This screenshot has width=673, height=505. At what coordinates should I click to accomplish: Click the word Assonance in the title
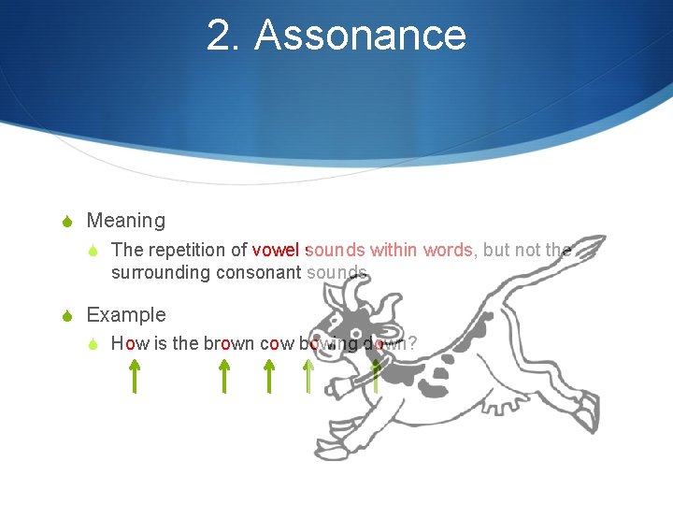click(360, 36)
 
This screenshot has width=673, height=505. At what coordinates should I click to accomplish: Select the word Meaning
click(125, 221)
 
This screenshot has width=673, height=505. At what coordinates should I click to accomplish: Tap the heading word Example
click(126, 314)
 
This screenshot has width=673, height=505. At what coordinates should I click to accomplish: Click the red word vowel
click(276, 250)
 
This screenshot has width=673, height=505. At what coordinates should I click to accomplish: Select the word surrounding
click(161, 273)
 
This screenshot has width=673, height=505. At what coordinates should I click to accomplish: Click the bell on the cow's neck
click(354, 382)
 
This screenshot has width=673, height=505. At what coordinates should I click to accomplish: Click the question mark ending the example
click(411, 343)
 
